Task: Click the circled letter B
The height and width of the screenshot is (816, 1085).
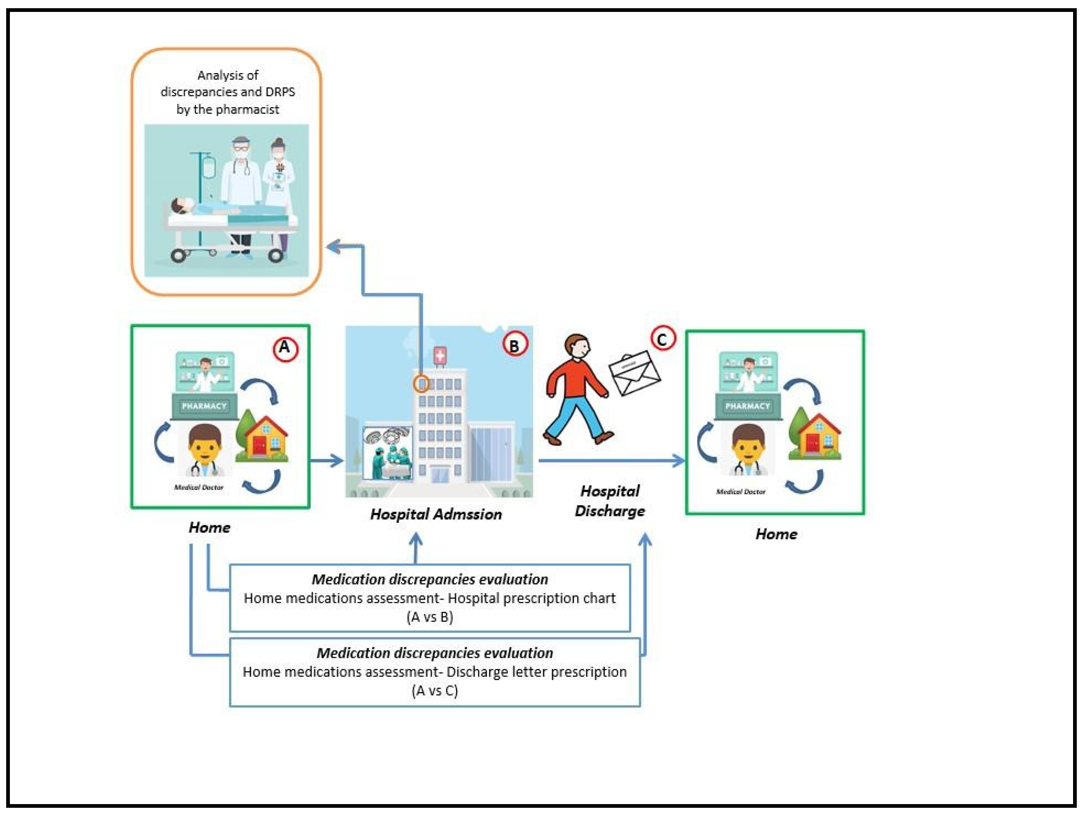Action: click(x=514, y=345)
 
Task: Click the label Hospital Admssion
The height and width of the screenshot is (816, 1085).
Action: click(x=435, y=514)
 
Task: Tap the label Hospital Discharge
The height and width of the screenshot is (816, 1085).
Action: click(x=609, y=501)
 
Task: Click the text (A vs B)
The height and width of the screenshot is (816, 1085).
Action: click(x=430, y=616)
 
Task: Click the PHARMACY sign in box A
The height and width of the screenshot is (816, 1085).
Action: click(x=204, y=406)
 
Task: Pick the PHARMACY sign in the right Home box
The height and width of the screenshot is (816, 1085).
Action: click(x=747, y=406)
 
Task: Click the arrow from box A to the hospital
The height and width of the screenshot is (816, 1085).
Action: click(x=326, y=460)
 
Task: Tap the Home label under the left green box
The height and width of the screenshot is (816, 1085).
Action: click(x=209, y=527)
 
